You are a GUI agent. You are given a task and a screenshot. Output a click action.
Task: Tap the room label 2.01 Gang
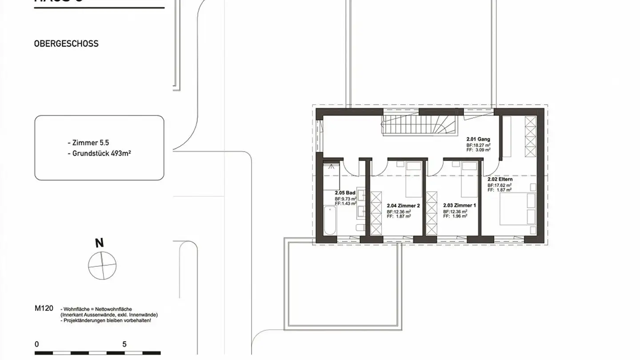click(478, 139)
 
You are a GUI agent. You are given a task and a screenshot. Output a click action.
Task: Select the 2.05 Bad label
click(345, 193)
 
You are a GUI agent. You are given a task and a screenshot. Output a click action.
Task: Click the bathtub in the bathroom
click(330, 221)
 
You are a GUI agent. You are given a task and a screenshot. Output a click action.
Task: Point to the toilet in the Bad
click(360, 228)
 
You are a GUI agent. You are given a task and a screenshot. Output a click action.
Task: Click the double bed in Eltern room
click(518, 209)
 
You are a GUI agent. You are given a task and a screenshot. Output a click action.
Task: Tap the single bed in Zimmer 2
click(413, 180)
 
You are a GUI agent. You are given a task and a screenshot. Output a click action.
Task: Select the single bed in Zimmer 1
click(469, 180)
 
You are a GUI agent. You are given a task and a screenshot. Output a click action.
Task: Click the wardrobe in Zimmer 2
click(376, 213)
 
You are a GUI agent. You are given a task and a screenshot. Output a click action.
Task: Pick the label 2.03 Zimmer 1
click(459, 206)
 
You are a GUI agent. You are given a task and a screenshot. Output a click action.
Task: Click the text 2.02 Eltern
click(500, 179)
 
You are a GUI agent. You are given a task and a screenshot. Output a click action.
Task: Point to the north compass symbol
click(102, 266)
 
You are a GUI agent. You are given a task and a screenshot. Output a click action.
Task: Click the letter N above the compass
click(100, 243)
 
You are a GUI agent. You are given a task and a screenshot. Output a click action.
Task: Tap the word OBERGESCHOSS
click(66, 44)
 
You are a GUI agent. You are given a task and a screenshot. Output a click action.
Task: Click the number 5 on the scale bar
click(124, 344)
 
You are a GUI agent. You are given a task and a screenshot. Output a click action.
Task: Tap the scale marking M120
click(44, 308)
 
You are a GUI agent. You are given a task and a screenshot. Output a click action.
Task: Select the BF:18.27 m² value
click(478, 145)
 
